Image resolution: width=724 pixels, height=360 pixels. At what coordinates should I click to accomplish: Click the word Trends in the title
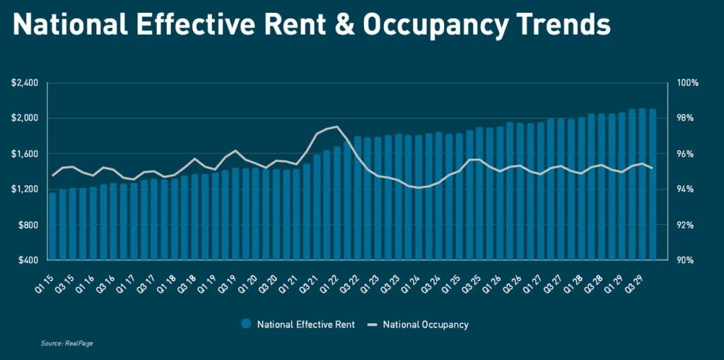pyautogui.click(x=560, y=25)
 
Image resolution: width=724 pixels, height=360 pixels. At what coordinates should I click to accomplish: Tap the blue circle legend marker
pyautogui.click(x=246, y=325)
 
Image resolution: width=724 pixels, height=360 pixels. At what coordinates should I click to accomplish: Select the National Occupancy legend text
pyautogui.click(x=425, y=325)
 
